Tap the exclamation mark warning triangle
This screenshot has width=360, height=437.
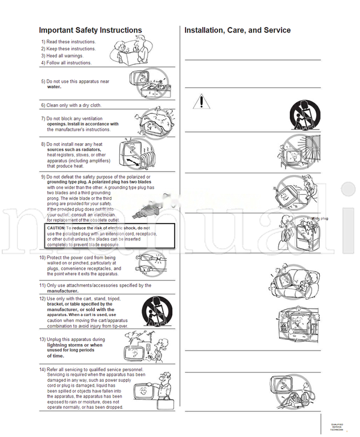[202, 102]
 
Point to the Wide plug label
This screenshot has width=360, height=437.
[319, 219]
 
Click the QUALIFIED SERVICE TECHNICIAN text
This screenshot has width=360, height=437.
[337, 427]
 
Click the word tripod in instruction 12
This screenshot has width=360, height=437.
[110, 299]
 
